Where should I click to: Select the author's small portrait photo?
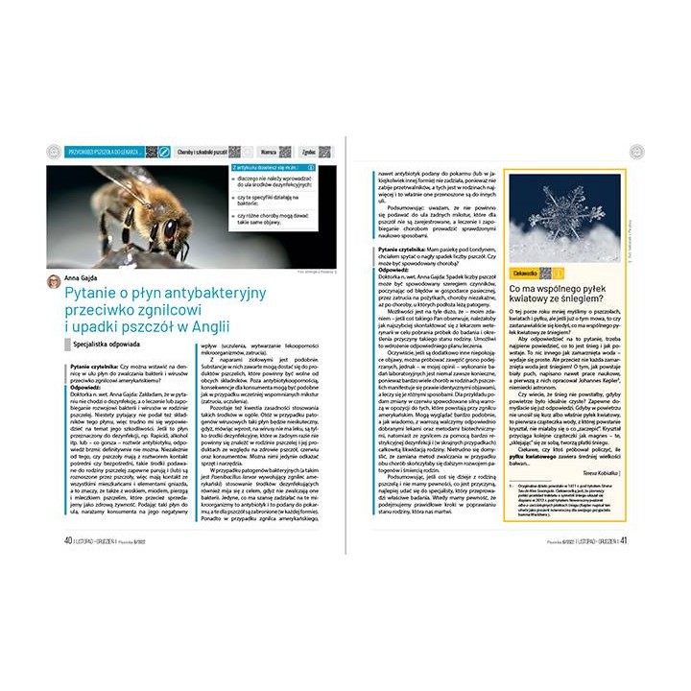(54, 279)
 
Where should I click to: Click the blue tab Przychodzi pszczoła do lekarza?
(99, 152)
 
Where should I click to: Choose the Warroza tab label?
(270, 152)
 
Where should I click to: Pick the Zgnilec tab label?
(309, 152)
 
